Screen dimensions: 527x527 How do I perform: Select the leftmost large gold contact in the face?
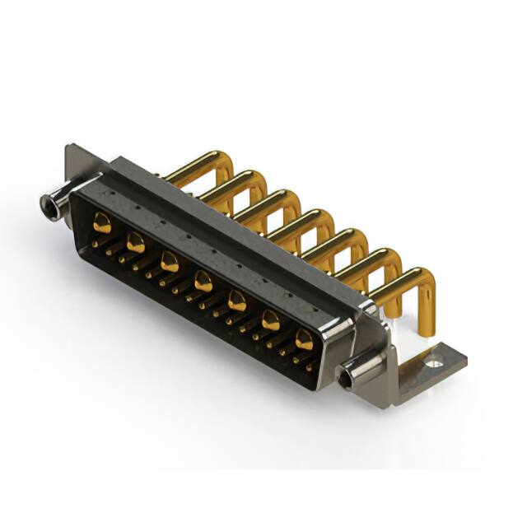(102, 221)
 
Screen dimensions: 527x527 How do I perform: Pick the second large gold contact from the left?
(136, 242)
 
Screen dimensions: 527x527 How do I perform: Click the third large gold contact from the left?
(170, 263)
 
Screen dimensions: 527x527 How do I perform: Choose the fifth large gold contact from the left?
(236, 301)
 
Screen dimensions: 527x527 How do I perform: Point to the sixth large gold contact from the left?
(270, 320)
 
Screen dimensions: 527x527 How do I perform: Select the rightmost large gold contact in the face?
(304, 339)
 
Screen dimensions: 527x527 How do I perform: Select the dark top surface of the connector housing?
(231, 214)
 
